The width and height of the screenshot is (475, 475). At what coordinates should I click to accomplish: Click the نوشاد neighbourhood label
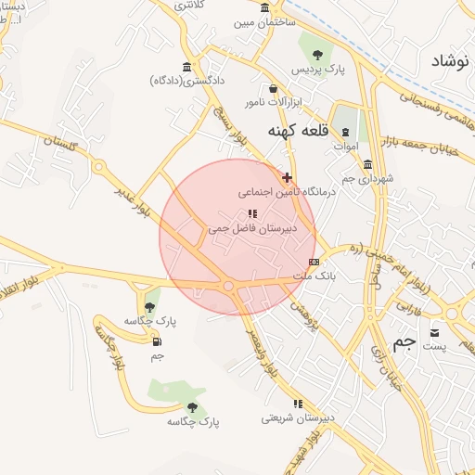coord(449,61)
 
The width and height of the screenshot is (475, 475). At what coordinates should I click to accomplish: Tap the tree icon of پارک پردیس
coord(317,54)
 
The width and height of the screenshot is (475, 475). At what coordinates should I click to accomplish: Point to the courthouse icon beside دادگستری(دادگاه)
coord(188,67)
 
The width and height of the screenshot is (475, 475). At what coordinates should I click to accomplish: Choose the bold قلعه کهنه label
coord(295,131)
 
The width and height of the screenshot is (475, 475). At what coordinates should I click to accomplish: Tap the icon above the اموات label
coord(345,132)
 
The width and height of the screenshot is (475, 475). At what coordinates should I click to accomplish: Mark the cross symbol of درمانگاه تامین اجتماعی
coord(287,176)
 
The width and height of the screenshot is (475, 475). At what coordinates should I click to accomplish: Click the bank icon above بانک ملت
coord(314,262)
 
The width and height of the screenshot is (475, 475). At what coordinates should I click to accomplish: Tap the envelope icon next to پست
coord(435,331)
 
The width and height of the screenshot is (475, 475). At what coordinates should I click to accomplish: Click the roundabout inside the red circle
coord(228,287)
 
